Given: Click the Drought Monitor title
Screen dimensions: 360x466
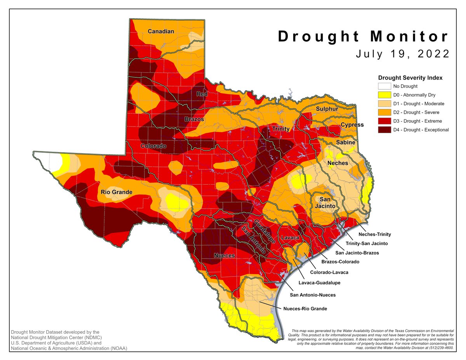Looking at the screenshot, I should point(363,37).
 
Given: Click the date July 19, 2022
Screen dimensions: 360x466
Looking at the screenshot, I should point(403,54).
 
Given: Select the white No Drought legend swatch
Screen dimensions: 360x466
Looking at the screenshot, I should point(384,86).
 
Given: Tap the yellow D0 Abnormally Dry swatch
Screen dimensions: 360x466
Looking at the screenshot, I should point(384,95).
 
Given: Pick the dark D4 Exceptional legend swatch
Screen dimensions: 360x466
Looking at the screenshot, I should point(384,130).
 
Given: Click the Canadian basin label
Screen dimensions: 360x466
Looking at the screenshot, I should point(161,31).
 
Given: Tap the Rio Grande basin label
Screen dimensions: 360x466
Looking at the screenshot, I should point(116,192).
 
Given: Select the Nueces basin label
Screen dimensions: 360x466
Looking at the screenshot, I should point(224,256).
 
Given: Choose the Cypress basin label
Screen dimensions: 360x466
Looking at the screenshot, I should point(352,125).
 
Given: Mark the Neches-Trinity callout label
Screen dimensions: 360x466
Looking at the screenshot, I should point(374,234).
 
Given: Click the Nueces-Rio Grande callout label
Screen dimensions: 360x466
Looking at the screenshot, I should point(305,309).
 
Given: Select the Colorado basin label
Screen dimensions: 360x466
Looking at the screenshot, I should point(153,146).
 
